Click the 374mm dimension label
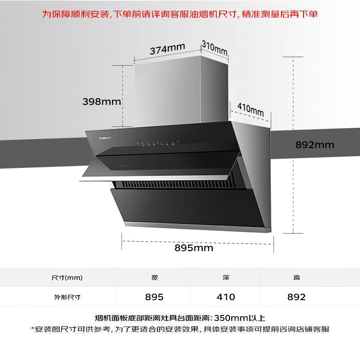(x=167, y=49)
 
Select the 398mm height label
(x=102, y=101)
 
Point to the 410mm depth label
(x=250, y=109)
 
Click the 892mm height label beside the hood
(x=315, y=145)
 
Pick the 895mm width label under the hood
(x=194, y=248)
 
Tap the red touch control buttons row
(x=157, y=144)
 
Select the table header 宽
(x=154, y=278)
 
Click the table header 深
(x=225, y=278)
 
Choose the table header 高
(x=297, y=278)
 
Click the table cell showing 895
(x=154, y=297)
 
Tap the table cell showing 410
(x=225, y=297)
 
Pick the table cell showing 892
(x=297, y=297)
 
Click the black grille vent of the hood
(x=180, y=185)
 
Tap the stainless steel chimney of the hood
(x=180, y=90)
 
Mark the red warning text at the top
(x=180, y=14)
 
